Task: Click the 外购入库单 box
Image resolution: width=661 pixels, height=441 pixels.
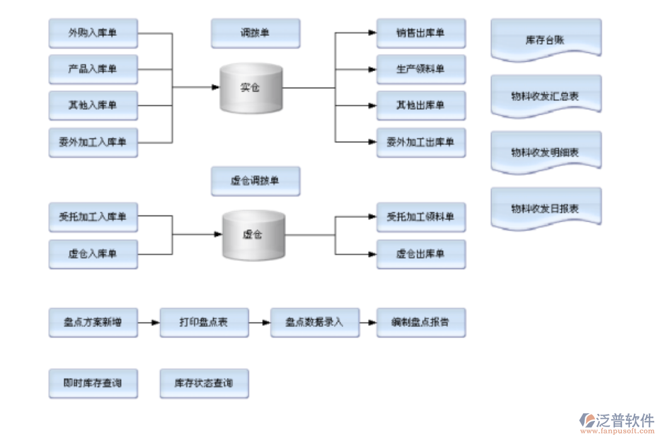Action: click(x=93, y=33)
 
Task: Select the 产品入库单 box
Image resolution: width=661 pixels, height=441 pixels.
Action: click(x=93, y=69)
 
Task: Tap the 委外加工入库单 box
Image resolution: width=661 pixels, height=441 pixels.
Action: click(x=93, y=142)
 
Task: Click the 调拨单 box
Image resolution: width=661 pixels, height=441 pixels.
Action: click(x=255, y=33)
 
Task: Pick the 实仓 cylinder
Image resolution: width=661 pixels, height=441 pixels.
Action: click(x=251, y=88)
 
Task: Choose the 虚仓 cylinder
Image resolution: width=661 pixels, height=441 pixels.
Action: click(x=253, y=235)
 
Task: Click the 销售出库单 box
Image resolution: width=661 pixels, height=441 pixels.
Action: click(x=420, y=33)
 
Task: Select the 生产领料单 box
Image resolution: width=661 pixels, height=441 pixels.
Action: click(x=420, y=69)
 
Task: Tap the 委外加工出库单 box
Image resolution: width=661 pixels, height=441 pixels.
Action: click(x=420, y=142)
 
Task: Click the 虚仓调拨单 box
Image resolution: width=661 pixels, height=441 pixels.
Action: click(x=255, y=181)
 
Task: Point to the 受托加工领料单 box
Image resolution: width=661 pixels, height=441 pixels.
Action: click(x=420, y=217)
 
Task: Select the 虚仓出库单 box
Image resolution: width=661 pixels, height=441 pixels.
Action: click(x=420, y=254)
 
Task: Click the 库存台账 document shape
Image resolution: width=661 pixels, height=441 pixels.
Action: click(x=545, y=40)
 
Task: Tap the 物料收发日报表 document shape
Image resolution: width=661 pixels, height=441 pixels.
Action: click(x=545, y=209)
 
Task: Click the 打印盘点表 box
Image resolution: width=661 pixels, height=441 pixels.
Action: click(x=204, y=323)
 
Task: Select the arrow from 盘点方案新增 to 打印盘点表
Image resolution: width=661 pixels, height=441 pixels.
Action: click(x=148, y=323)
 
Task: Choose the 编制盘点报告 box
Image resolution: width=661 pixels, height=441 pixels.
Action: click(x=420, y=323)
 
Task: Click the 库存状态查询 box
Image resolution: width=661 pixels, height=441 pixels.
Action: click(x=204, y=383)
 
